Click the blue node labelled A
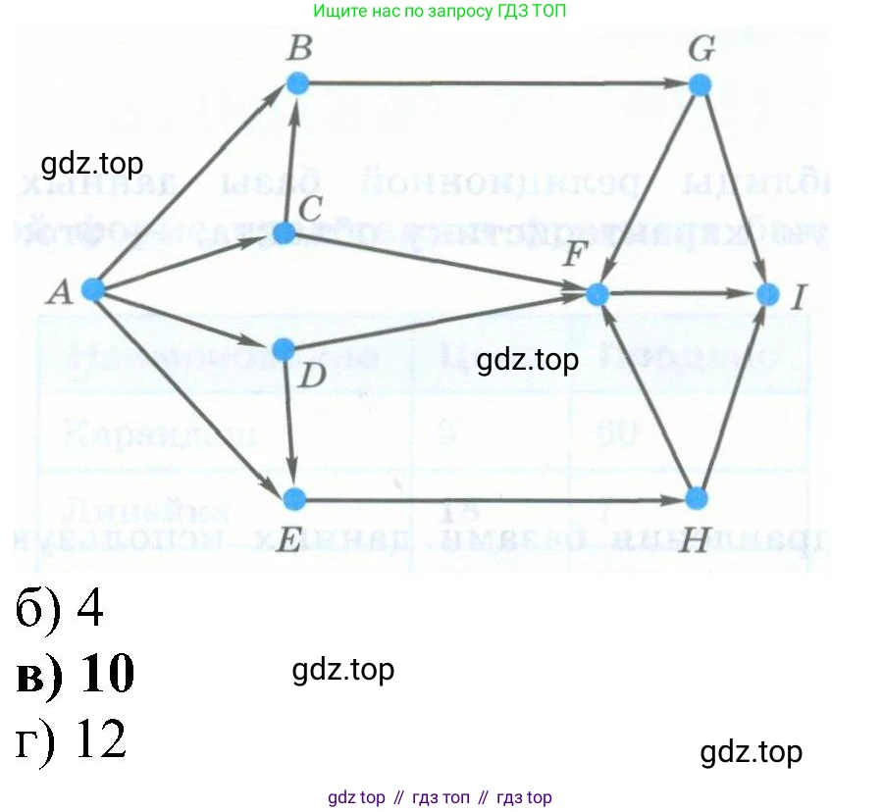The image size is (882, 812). coord(92,289)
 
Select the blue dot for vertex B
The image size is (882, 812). coord(298,83)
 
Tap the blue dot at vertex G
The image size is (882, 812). coord(699,84)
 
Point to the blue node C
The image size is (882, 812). coord(284,233)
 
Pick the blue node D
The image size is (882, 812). coord(283,349)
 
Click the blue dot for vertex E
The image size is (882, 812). coord(292,500)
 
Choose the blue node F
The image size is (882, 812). coord(597,293)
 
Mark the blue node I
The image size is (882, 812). coord(768,293)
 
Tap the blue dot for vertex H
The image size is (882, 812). coord(696,499)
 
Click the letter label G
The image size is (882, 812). coord(700,50)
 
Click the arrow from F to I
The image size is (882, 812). coord(682,293)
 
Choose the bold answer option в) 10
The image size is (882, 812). coord(76,674)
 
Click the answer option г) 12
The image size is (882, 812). coord(72,740)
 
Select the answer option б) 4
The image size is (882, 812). coord(60,610)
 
